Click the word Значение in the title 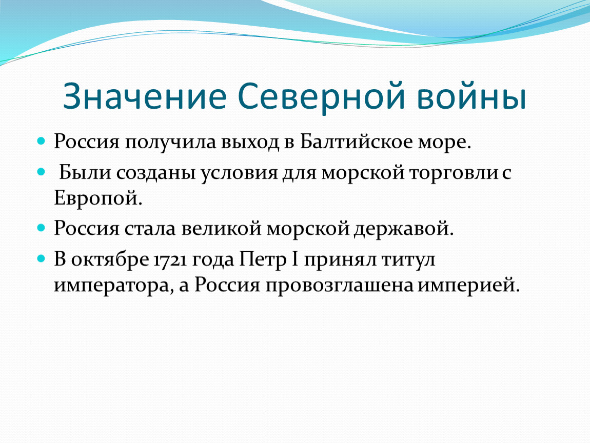pos(145,96)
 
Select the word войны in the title pos(471,96)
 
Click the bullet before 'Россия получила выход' pos(41,142)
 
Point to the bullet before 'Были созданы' pos(41,172)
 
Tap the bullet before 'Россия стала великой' pos(41,228)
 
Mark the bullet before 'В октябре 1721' pos(41,259)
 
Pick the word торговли pos(454,173)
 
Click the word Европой pos(98,198)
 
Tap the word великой pos(221,229)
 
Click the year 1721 pos(170,260)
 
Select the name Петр pos(263,260)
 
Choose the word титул pos(408,260)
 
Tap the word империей pos(469,286)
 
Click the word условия pos(239,173)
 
